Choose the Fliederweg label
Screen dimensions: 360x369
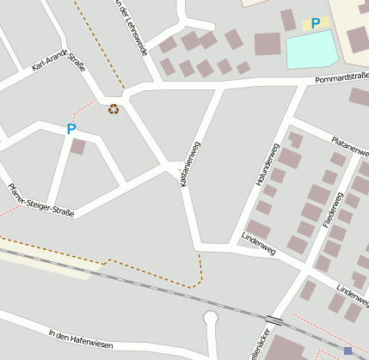tap(333, 205)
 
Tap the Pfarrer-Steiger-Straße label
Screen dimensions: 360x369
tap(40, 198)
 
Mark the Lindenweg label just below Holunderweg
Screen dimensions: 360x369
tap(258, 243)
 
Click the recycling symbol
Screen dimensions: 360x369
tap(114, 109)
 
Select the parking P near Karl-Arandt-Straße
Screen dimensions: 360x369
tap(71, 129)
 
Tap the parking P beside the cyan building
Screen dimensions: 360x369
tap(316, 23)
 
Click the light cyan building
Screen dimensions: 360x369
tap(311, 51)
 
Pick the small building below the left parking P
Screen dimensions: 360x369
tap(77, 147)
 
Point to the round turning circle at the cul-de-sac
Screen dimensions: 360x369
tap(211, 319)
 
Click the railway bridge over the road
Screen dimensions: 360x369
tap(274, 320)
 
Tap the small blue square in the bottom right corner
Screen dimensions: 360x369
tap(347, 351)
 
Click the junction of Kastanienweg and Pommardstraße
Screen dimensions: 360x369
tap(223, 87)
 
